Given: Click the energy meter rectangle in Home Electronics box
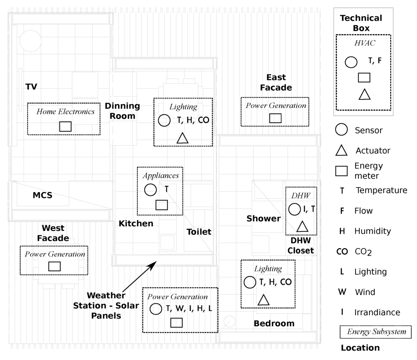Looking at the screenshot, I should point(66,126).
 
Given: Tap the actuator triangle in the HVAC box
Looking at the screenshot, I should point(364,94).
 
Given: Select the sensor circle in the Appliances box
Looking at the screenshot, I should point(151,190).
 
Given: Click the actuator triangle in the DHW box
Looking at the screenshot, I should point(302,226).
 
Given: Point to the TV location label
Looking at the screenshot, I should point(31,86).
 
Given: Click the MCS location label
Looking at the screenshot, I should point(42,195).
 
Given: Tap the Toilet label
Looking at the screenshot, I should point(199,232).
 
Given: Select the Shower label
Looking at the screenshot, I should point(263,219).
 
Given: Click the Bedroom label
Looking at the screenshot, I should point(274,324).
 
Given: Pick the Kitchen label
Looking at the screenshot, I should point(136,223).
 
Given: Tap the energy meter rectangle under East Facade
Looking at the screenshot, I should point(275,118).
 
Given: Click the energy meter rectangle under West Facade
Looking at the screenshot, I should point(55,266).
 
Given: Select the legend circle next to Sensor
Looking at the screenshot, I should point(341,130).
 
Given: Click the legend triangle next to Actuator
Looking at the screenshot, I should point(341,151).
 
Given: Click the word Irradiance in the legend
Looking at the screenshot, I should point(377,312).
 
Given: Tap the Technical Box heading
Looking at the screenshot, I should point(361,23).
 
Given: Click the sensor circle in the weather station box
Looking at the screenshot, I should point(156,309).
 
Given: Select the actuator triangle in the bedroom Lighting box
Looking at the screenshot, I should point(264,300).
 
